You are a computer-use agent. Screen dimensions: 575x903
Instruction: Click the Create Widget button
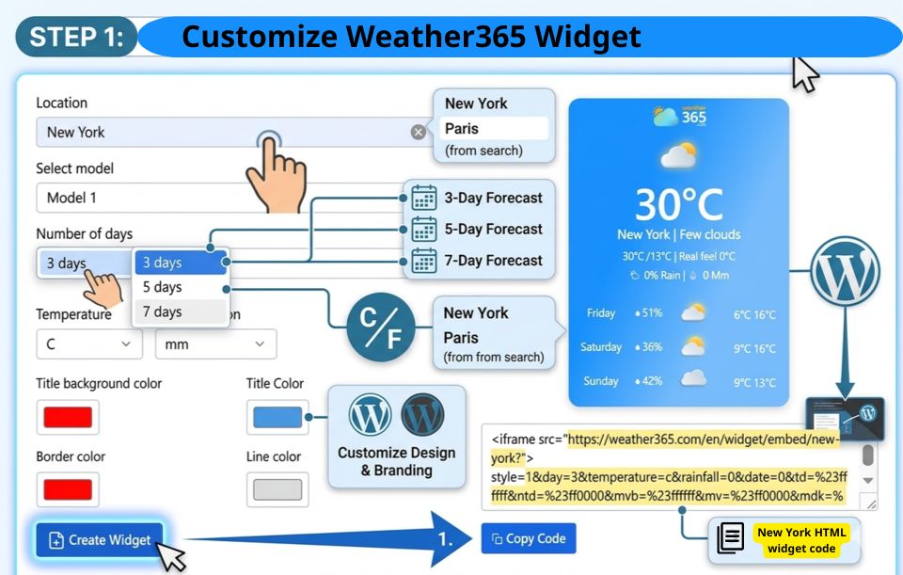(x=101, y=539)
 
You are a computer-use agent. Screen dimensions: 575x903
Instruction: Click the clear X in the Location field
(x=419, y=132)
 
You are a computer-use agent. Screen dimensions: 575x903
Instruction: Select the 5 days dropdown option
(x=163, y=287)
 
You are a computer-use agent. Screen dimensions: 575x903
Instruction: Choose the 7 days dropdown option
(x=163, y=311)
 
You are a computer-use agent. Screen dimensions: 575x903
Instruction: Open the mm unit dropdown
(x=215, y=344)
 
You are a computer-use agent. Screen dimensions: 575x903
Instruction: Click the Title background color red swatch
(x=68, y=417)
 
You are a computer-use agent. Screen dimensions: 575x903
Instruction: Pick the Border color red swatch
(x=68, y=489)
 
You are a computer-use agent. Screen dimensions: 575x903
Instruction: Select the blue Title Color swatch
(x=277, y=417)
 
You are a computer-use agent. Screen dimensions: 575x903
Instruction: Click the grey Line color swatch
(x=277, y=489)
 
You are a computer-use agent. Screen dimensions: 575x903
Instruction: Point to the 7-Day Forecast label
(x=494, y=261)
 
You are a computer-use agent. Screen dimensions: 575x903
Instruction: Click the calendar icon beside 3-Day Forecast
(x=424, y=198)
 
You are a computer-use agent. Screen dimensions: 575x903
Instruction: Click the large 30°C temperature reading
(x=678, y=203)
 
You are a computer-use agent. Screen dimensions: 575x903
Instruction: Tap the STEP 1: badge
(x=76, y=38)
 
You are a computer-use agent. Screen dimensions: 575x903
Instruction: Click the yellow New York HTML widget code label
(x=801, y=540)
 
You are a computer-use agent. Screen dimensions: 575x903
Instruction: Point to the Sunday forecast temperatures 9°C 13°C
(x=754, y=382)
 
